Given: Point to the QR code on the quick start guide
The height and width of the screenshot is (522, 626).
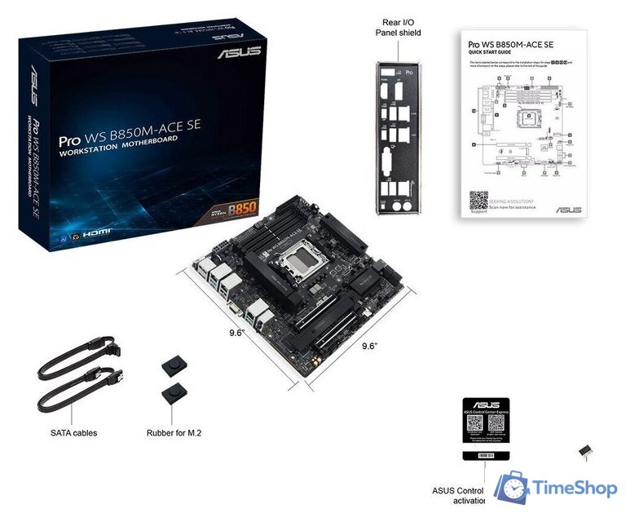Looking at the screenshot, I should [478, 200].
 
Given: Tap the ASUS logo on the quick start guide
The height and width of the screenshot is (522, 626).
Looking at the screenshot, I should [568, 210].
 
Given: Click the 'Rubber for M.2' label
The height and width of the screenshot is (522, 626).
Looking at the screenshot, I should [174, 433].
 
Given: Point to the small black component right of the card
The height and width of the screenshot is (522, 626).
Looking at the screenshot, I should [584, 451].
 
